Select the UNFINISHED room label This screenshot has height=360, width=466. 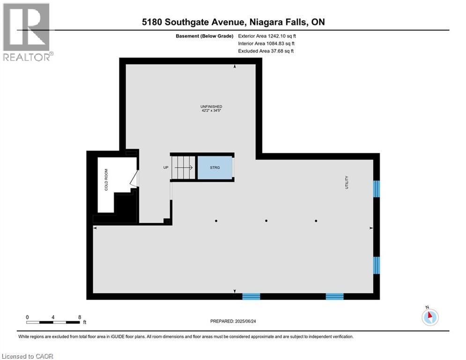[x=211, y=107]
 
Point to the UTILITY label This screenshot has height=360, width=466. [x=348, y=182]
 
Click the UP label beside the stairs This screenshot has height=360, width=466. [x=166, y=167]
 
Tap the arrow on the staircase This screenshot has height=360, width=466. [x=184, y=167]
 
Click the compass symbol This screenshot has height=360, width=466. [x=429, y=317]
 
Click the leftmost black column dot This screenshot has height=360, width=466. [x=216, y=221]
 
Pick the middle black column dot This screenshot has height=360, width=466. [x=266, y=221]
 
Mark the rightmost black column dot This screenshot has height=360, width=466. [x=316, y=221]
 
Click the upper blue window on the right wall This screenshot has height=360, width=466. [x=376, y=189]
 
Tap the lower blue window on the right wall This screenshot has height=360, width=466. [x=376, y=265]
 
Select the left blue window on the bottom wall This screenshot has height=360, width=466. [x=251, y=296]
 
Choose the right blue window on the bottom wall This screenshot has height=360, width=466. [x=334, y=296]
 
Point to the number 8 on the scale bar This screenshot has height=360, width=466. [x=80, y=317]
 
